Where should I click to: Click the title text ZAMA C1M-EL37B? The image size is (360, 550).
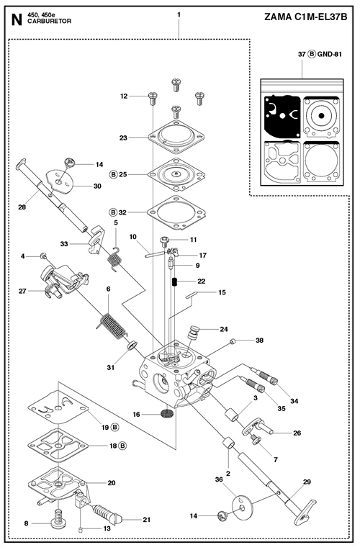pos(305,17)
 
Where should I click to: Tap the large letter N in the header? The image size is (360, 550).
pos(17,20)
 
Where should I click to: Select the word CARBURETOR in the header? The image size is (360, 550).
pos(49,22)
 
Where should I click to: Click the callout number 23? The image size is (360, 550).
pos(123,137)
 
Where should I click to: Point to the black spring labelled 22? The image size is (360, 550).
pos(174,281)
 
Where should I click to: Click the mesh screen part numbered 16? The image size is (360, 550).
pos(166,413)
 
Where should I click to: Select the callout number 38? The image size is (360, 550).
pos(259,340)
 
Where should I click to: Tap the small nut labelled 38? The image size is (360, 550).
pos(232,341)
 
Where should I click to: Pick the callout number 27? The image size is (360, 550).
pos(22,291)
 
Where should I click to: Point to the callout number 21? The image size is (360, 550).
pos(147,520)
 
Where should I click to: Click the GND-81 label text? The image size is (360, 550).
pos(330,54)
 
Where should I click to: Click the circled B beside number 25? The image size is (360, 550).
pos(113,174)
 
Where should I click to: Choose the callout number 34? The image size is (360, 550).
pos(294,400)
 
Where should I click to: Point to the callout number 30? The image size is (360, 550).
pos(97,186)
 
